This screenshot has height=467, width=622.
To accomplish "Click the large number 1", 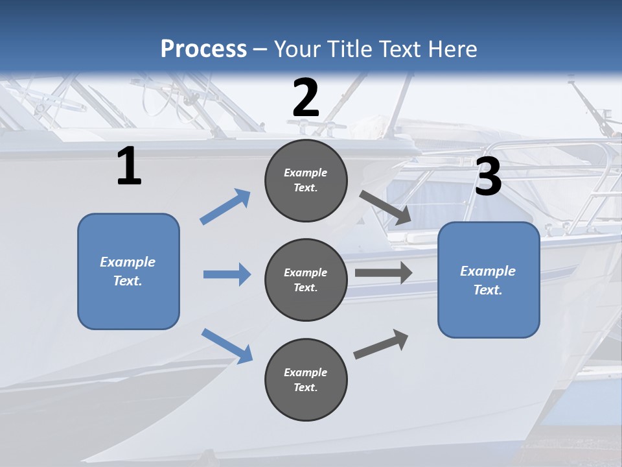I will pos(129,167).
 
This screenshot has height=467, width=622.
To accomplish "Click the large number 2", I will pos(306,98).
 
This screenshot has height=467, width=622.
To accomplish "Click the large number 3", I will pos(488,177).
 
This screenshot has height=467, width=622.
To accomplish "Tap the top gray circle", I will pos(306,180).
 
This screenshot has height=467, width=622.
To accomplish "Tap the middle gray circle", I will pos(306,280).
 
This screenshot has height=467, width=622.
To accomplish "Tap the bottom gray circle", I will pos(306,380).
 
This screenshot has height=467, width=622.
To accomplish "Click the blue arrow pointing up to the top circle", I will pos(225,206).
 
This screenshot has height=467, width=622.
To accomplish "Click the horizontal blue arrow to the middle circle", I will pos(227,274).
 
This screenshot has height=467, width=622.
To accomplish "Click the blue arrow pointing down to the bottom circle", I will pos(227,345).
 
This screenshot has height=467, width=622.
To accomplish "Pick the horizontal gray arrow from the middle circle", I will pos(384,273).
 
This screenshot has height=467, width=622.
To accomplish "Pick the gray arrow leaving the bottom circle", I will pos(381,344).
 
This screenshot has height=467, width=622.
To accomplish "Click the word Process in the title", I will pos(203,49).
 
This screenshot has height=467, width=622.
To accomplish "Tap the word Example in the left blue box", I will pos(128,262).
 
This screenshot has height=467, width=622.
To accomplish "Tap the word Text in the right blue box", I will pos(487,290).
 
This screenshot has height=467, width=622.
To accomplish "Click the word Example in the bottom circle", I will pos(306,372).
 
